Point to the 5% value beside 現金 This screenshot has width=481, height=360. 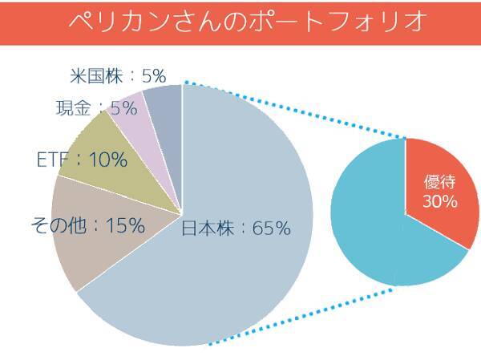(123, 107)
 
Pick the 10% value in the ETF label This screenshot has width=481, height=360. (108, 160)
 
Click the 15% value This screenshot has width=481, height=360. (126, 227)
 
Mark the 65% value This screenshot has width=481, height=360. (271, 229)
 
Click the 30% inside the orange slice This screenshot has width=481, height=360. (439, 202)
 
